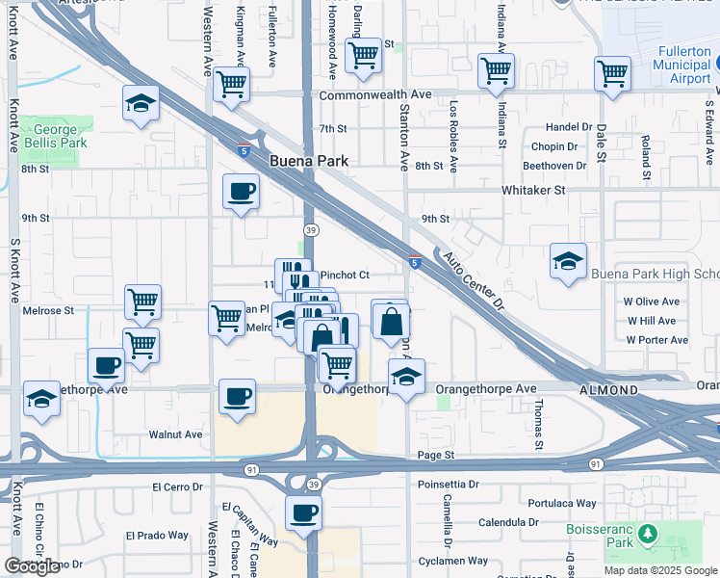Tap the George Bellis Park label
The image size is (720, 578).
click(x=55, y=135)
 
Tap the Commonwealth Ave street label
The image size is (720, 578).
click(x=375, y=95)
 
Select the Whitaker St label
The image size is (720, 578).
click(x=533, y=191)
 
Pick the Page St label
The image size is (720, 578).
click(x=435, y=455)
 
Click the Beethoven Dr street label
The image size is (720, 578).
click(x=554, y=166)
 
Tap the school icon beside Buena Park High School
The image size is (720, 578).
click(x=568, y=261)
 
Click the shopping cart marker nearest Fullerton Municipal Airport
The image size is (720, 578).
click(x=613, y=73)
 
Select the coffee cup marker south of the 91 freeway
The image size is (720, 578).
click(x=303, y=512)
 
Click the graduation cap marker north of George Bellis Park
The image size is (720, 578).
click(x=141, y=103)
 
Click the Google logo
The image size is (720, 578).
click(x=32, y=566)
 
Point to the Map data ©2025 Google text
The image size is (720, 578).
click(x=659, y=570)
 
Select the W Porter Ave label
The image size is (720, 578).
click(x=656, y=339)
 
